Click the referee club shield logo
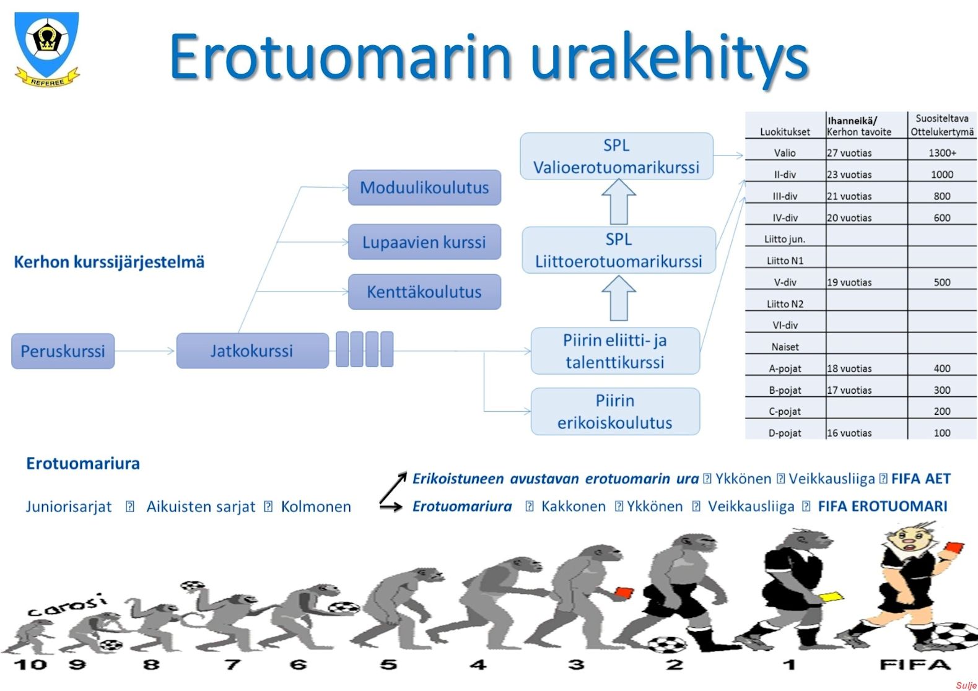click(46, 49)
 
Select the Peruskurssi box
click(63, 351)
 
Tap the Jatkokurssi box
click(252, 350)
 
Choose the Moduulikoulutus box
click(424, 187)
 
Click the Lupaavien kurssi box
click(424, 242)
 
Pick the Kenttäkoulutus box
click(424, 292)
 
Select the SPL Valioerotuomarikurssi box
click(616, 156)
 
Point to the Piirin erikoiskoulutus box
click(615, 411)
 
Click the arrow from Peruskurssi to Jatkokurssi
click(144, 350)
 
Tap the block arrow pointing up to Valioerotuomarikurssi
click(619, 202)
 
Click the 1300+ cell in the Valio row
click(942, 153)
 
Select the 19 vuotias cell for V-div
click(849, 282)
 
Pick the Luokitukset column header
click(785, 132)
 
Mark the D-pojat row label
click(785, 433)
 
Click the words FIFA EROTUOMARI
click(883, 506)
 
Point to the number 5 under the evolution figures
click(388, 664)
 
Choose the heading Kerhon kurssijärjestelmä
click(109, 262)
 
